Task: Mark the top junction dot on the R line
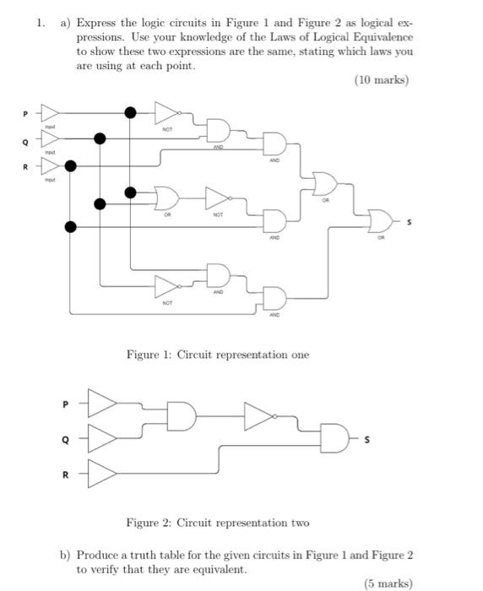coord(71,166)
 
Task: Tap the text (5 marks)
coord(388,583)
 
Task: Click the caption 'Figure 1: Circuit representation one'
coord(218,355)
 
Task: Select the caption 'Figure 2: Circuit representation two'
coord(218,523)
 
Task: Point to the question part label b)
coord(65,555)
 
